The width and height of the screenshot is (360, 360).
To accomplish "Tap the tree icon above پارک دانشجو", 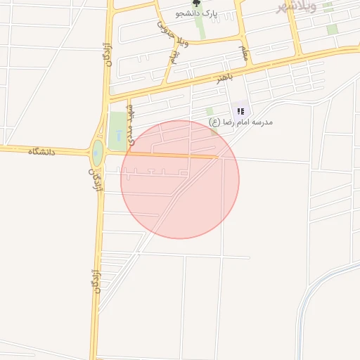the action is click(x=196, y=4).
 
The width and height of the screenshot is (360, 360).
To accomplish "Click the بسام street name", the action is click(x=173, y=52).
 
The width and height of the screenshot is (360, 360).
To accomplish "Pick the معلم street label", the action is click(x=243, y=50).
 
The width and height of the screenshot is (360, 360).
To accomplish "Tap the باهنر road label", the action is click(x=224, y=76).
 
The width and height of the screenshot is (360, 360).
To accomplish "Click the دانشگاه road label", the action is click(x=41, y=151).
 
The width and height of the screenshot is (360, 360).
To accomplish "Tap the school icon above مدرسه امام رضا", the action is click(x=240, y=111).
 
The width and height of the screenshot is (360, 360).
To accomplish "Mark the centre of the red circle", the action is click(x=180, y=179).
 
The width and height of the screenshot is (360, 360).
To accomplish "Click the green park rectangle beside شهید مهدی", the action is click(x=117, y=130).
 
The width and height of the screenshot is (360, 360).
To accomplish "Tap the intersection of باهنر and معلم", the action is click(x=248, y=68).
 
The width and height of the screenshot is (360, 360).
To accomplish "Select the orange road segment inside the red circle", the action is click(x=176, y=155).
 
